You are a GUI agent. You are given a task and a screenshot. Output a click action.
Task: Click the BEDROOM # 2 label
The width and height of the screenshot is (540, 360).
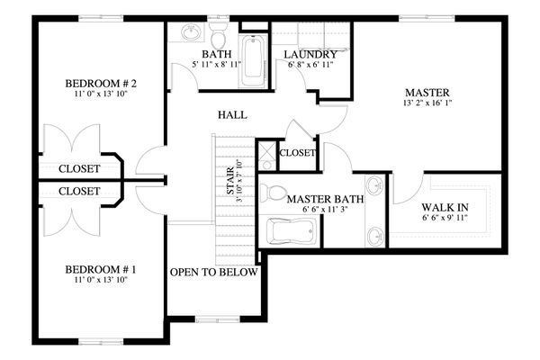(x=101, y=84)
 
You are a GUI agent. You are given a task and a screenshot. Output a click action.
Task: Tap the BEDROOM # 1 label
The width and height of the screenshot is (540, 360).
(x=101, y=269)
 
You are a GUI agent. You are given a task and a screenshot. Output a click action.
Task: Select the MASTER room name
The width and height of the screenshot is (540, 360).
(x=427, y=93)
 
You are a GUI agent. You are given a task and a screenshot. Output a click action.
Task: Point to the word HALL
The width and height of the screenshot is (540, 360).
(x=232, y=114)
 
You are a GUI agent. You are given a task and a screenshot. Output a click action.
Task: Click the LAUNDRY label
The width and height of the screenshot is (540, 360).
(x=310, y=54)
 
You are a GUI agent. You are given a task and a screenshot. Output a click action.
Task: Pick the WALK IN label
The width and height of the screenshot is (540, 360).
(x=445, y=207)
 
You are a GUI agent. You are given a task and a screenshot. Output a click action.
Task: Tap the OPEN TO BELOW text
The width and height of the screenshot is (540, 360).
(x=214, y=272)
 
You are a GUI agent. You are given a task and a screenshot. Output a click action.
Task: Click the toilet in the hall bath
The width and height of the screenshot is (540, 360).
(x=218, y=35)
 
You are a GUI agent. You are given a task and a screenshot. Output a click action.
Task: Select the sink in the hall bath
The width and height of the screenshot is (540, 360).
(x=191, y=32)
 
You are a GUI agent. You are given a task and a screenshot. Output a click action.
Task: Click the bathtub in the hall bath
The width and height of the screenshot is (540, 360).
(x=254, y=61)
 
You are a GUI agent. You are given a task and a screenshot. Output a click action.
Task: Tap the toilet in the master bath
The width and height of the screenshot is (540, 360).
(x=274, y=193)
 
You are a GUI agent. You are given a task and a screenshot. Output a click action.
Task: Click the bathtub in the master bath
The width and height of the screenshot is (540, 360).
(x=292, y=230)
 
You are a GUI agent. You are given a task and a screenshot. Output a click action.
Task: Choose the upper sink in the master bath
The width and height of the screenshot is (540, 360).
(x=375, y=186)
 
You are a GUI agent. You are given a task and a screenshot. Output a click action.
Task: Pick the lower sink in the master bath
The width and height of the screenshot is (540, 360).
(x=375, y=237)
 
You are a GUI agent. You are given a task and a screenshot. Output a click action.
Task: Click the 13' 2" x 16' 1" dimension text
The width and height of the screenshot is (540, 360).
(x=427, y=103)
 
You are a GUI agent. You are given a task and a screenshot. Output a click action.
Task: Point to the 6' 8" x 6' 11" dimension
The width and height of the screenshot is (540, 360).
(x=310, y=64)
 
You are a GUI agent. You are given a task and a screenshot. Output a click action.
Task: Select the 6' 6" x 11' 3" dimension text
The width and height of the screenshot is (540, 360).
(x=325, y=209)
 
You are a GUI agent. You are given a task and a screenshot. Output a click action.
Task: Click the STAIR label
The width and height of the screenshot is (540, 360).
(x=230, y=181)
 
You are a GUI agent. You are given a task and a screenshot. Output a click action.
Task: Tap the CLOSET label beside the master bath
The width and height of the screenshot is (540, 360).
(x=297, y=153)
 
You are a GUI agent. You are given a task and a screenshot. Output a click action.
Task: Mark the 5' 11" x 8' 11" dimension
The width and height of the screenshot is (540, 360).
(x=217, y=64)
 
